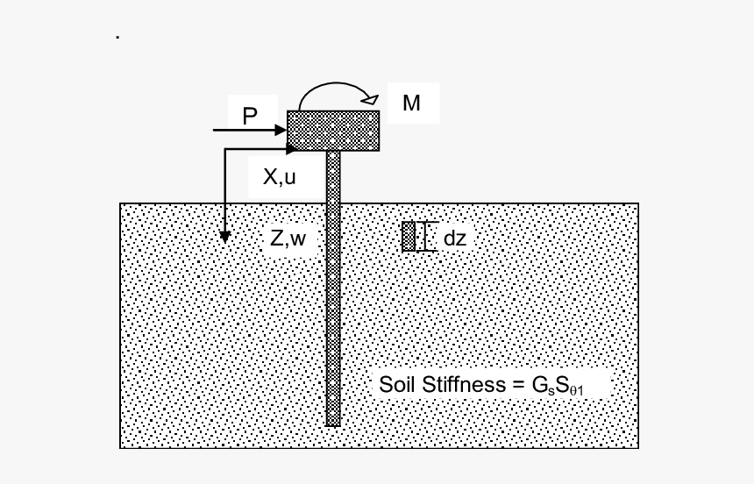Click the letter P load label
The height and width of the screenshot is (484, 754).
coord(250,116)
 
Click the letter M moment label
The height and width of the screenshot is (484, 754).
coord(411,103)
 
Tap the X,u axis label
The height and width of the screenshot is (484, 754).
coord(280,177)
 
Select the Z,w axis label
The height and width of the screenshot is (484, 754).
coord(288,238)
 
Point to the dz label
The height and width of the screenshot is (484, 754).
coord(455,238)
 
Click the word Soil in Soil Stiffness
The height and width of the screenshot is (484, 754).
coord(399,385)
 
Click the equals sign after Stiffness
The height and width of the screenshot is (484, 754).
coord(516,386)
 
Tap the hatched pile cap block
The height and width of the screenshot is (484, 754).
coord(333,131)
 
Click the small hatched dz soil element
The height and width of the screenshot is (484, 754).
coord(409,237)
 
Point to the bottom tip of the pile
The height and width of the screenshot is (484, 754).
coord(333,424)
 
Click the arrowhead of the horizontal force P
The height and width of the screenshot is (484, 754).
coord(281,131)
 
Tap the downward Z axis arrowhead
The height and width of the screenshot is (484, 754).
coord(225,236)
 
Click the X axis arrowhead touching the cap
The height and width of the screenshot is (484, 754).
coord(292,150)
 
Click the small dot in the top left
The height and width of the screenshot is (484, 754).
coord(117,38)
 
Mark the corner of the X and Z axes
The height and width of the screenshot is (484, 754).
coord(225,150)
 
